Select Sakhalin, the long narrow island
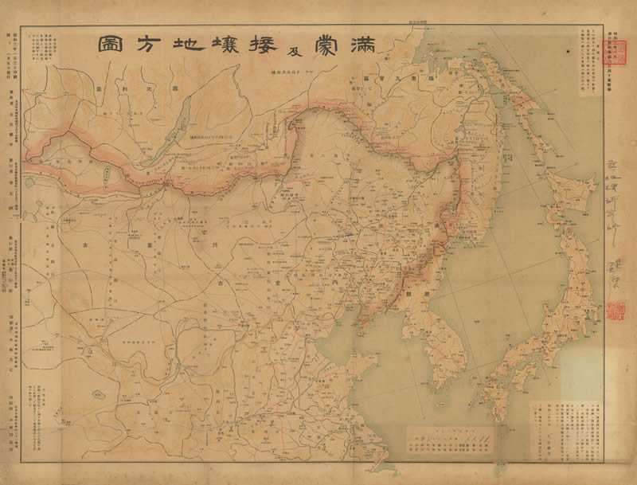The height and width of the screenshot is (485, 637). pos(522,96)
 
